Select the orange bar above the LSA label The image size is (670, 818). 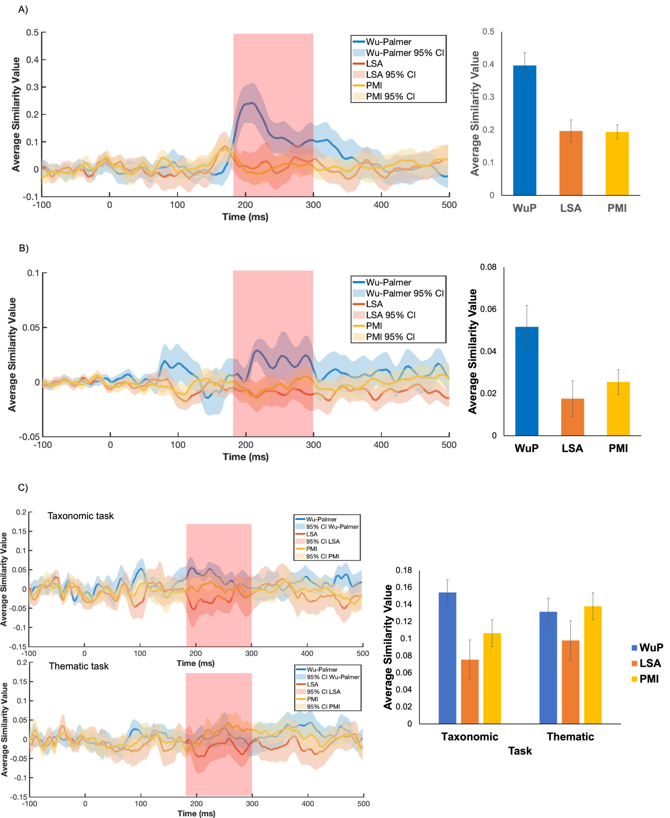click(x=571, y=163)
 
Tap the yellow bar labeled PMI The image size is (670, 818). click(x=617, y=163)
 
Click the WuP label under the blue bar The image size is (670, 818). click(x=525, y=209)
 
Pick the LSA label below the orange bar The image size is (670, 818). click(x=571, y=209)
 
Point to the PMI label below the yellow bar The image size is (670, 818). click(x=617, y=209)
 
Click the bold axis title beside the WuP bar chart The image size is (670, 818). click(x=475, y=113)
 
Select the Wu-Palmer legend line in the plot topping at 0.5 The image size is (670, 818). click(x=359, y=42)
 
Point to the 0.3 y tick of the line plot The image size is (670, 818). click(x=33, y=87)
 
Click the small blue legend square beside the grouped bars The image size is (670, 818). click(x=634, y=648)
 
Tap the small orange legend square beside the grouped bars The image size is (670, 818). click(x=634, y=663)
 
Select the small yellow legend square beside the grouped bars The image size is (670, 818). click(x=634, y=679)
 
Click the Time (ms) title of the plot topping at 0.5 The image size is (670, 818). click(x=245, y=217)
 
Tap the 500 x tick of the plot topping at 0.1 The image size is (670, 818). click(x=449, y=445)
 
